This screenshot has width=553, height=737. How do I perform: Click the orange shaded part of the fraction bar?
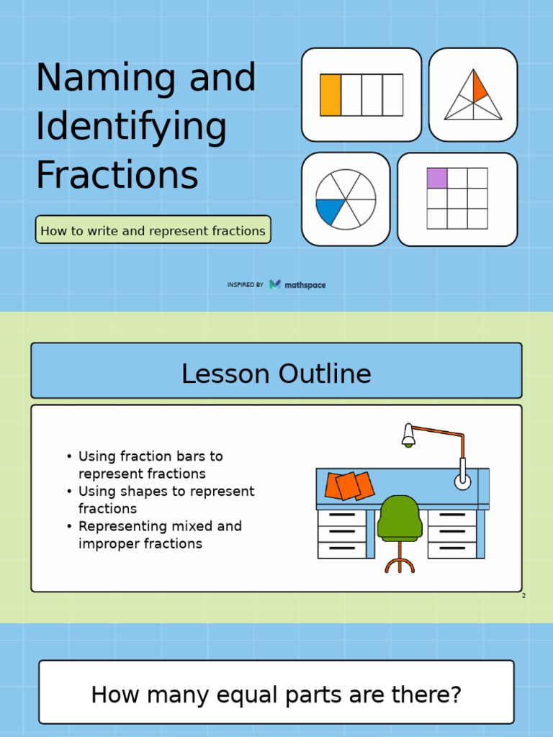coord(331,95)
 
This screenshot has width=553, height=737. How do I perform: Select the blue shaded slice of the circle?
coord(330,212)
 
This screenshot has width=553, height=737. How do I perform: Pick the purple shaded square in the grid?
coord(437,178)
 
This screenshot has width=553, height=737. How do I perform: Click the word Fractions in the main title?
coord(117,175)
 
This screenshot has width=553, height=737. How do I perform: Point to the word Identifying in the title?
coord(131,127)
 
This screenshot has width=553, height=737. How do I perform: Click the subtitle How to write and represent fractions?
coord(153,231)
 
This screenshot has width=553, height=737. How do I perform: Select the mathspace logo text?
coord(305,285)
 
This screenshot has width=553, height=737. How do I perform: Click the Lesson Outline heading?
coord(276,374)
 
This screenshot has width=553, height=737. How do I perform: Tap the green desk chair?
coord(400,517)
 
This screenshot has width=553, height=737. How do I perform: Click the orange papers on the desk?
coord(349,486)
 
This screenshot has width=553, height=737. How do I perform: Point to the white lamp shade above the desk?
coord(408,434)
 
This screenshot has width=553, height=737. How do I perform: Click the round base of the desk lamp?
coord(462,481)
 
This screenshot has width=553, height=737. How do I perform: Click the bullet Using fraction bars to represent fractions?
coord(150,465)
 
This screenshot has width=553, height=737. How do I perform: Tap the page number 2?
coord(523,596)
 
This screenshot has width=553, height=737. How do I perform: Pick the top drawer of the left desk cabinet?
coord(341,516)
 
